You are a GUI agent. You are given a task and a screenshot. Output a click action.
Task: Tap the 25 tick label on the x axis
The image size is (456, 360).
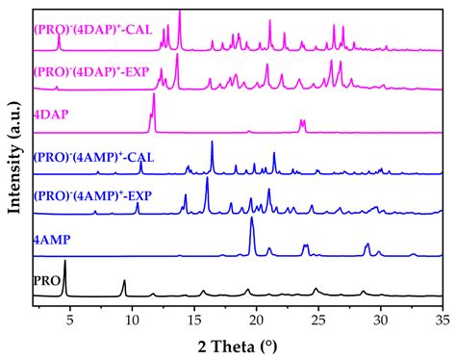pyautogui.click(x=318, y=315)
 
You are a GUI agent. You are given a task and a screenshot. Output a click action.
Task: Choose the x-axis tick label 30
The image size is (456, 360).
pyautogui.click(x=381, y=315)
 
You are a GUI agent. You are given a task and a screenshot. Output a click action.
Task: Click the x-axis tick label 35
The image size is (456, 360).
pyautogui.click(x=442, y=315)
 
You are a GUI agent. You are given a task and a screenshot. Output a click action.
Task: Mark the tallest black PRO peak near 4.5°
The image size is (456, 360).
pyautogui.click(x=64, y=262)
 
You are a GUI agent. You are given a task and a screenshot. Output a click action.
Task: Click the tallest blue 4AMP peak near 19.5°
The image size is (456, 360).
pyautogui.click(x=252, y=219)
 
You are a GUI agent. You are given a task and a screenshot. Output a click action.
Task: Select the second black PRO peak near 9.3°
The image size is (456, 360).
pyautogui.click(x=123, y=281)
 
